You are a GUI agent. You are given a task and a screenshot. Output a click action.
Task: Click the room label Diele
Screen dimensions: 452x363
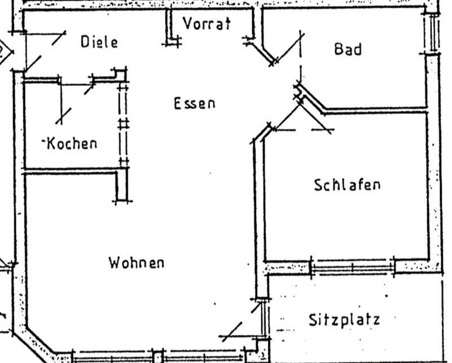pyautogui.click(x=99, y=42)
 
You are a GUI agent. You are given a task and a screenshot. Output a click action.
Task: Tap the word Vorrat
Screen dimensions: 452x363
pyautogui.click(x=207, y=24)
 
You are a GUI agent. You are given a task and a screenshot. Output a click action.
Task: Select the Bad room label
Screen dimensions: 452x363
pyautogui.click(x=348, y=49)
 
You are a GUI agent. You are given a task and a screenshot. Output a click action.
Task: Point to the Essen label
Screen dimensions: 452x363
pyautogui.click(x=194, y=103)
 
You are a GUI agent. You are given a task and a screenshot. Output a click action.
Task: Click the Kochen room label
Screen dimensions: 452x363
pyautogui.click(x=71, y=143)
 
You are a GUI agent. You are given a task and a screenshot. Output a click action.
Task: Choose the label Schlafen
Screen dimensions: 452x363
pyautogui.click(x=347, y=185)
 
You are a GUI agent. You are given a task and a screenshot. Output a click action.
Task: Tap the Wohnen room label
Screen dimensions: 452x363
pyautogui.click(x=137, y=263)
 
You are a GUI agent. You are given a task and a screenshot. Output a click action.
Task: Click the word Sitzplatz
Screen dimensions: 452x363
pyautogui.click(x=344, y=320)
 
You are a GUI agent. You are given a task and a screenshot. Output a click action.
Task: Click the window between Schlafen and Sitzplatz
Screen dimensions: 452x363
pyautogui.click(x=353, y=266)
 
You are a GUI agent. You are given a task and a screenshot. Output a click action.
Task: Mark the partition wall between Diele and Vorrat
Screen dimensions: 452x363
pyautogui.click(x=168, y=25)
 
